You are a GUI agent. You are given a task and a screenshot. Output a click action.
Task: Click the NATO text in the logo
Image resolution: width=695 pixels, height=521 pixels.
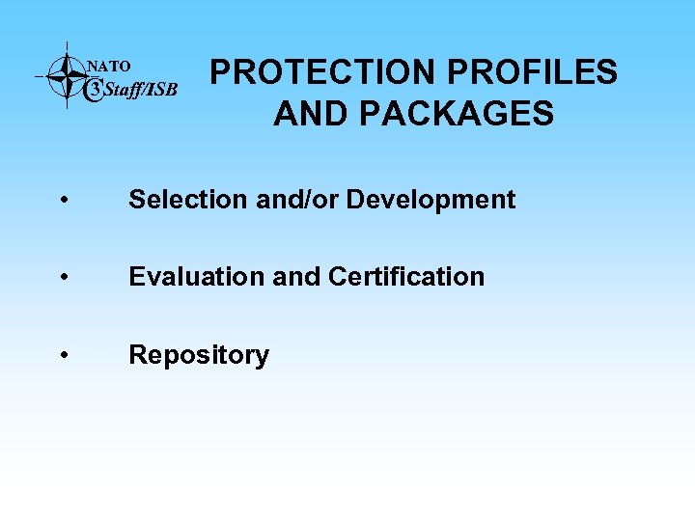tap(109, 67)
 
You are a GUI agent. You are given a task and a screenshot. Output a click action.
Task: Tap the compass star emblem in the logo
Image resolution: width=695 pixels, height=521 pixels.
tap(67, 74)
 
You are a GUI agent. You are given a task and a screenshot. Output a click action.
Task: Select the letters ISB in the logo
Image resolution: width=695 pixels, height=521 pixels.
tap(163, 91)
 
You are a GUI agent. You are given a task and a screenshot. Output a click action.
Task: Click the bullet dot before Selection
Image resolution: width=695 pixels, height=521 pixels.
tap(62, 201)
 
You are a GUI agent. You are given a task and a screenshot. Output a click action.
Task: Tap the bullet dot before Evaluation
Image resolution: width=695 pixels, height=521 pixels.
tap(62, 278)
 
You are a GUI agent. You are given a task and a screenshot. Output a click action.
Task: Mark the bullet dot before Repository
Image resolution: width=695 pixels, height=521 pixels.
tap(62, 356)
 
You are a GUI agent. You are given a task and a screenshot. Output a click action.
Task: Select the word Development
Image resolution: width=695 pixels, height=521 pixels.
tap(431, 200)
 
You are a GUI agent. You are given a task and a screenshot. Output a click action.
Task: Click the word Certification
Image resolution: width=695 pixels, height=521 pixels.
tap(406, 277)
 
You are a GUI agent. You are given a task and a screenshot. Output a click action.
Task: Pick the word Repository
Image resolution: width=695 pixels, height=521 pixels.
tap(199, 355)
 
